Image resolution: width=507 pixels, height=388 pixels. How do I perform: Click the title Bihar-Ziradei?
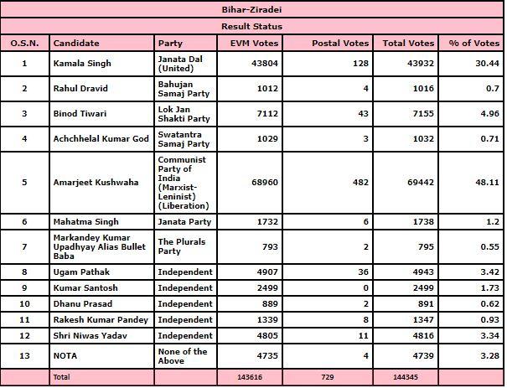(252, 11)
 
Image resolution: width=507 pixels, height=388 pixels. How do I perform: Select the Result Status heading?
(252, 27)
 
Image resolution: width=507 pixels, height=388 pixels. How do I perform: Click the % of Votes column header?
(473, 43)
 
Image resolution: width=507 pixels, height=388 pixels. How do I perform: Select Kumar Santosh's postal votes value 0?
(367, 288)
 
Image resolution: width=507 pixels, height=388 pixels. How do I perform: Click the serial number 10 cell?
(24, 303)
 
